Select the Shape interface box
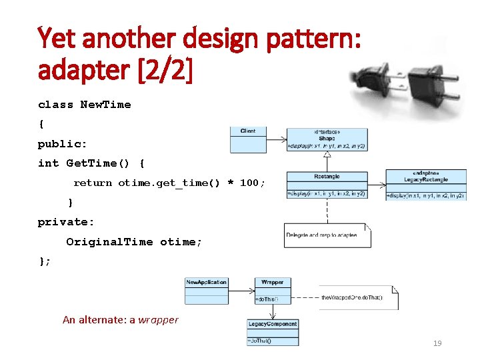[x=326, y=139]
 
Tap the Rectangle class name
[x=327, y=177]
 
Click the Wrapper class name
[x=272, y=282]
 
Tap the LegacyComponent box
[x=272, y=331]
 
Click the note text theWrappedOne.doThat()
[x=352, y=297]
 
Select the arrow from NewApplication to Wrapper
[x=241, y=291]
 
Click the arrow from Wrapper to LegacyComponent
[x=272, y=311]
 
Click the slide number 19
[x=437, y=343]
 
